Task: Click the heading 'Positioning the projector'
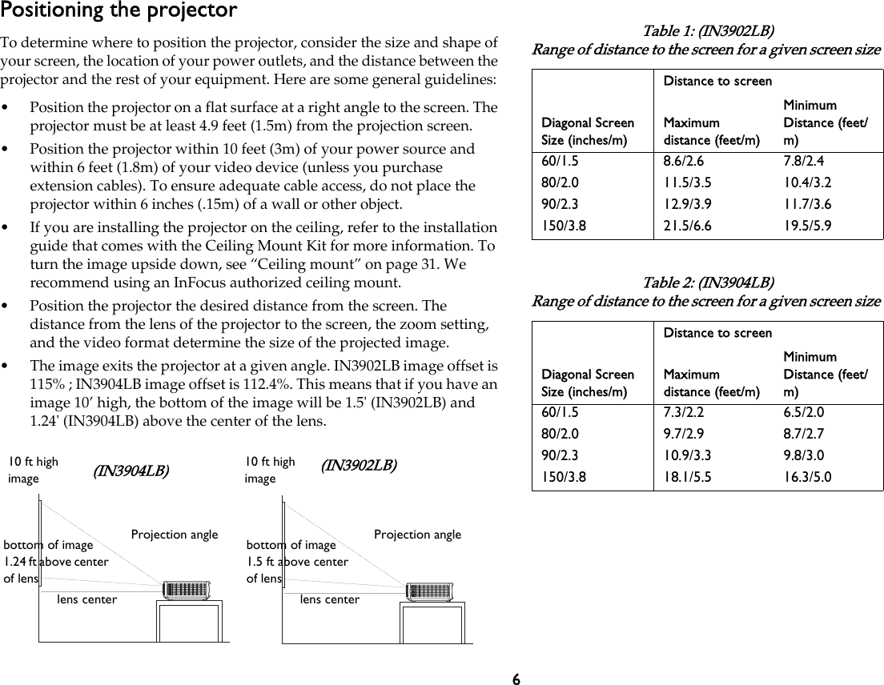coord(119,11)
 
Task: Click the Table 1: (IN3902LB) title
coord(708,31)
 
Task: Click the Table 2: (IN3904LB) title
coord(708,282)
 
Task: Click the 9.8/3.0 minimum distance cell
coord(804,455)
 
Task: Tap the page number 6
coord(516,679)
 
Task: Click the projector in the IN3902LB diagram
coord(431,591)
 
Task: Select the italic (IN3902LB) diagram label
coord(358,466)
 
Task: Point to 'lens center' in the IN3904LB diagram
coord(87,599)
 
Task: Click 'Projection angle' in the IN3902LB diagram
coord(417,535)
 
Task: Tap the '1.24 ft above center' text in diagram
coord(56,562)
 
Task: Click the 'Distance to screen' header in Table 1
coord(717,81)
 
